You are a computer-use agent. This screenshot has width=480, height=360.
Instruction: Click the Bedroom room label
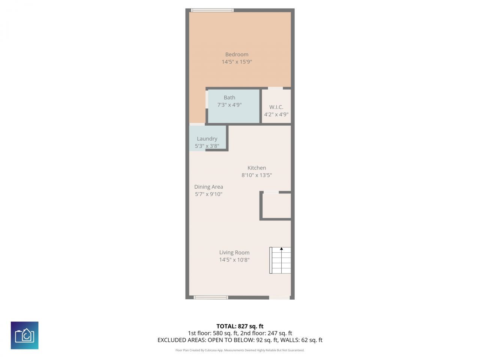[237, 54]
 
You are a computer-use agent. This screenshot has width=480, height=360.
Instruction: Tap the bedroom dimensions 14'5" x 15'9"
[237, 62]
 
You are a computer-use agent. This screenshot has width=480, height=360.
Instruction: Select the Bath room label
[229, 97]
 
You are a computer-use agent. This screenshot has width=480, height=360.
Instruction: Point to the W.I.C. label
[276, 107]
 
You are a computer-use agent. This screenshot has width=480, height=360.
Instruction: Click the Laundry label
[207, 139]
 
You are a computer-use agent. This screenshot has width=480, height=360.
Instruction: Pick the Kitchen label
[257, 168]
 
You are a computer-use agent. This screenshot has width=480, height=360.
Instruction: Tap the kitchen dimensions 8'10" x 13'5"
[257, 175]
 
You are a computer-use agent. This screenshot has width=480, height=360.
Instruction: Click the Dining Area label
[208, 187]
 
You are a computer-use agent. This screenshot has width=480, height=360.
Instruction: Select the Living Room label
[234, 253]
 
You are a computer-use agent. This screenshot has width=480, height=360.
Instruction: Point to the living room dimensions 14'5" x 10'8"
[234, 260]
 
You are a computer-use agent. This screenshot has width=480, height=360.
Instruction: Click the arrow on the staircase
[282, 249]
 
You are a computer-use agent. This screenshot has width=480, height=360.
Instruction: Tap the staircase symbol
[280, 260]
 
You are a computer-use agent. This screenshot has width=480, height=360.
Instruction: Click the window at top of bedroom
[212, 10]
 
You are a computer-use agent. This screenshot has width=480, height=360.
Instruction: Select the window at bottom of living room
[211, 297]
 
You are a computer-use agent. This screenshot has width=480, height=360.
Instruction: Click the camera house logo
[25, 335]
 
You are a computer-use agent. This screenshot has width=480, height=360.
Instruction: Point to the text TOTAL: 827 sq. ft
[240, 326]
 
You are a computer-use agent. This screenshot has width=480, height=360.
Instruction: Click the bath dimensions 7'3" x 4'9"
[229, 105]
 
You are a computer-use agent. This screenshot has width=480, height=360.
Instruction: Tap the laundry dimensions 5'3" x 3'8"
[207, 146]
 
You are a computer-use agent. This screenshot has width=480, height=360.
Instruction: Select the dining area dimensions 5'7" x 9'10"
[208, 194]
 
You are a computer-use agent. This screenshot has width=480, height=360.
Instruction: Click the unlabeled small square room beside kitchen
[277, 205]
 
